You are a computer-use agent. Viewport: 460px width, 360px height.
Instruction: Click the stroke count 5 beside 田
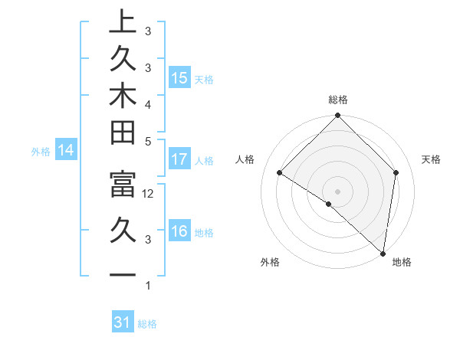pyautogui.click(x=148, y=142)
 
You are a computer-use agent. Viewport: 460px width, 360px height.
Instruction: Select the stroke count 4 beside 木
pyautogui.click(x=148, y=104)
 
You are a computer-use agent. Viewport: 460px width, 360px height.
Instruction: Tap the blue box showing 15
pyautogui.click(x=179, y=78)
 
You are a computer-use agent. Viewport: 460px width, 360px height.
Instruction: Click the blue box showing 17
pyautogui.click(x=179, y=160)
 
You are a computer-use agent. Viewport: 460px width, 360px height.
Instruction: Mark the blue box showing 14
pyautogui.click(x=66, y=151)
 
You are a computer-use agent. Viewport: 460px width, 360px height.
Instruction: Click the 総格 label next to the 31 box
pyautogui.click(x=147, y=324)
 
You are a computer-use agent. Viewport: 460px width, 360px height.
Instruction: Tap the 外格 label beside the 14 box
pyautogui.click(x=41, y=152)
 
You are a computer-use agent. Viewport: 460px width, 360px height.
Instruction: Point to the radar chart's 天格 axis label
pyautogui.click(x=431, y=159)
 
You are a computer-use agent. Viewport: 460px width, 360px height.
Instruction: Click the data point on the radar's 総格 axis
pyautogui.click(x=337, y=117)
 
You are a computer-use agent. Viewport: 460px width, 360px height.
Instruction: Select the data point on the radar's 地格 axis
pyautogui.click(x=382, y=253)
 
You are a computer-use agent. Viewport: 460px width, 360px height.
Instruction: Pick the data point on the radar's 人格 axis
pyautogui.click(x=280, y=173)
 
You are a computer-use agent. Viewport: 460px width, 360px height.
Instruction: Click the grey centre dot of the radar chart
pyautogui.click(x=337, y=191)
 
